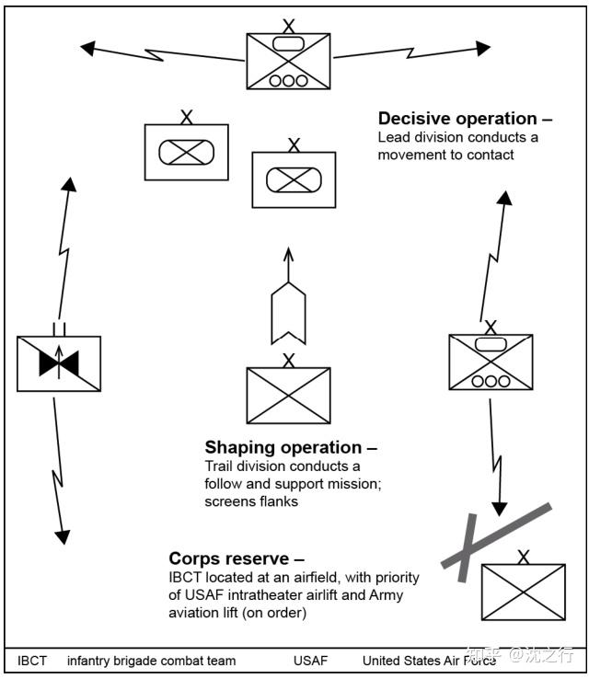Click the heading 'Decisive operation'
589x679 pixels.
457,119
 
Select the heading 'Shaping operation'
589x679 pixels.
283,447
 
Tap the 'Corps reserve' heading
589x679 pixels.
228,558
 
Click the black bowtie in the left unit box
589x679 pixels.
59,363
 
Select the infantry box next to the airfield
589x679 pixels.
524,592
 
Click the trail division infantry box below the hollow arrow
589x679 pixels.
288,396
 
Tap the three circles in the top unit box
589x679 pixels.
288,81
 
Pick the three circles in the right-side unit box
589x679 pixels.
491,381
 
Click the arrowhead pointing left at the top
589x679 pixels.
88,48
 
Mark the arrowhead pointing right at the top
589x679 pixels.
483,48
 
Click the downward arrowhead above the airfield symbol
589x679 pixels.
500,510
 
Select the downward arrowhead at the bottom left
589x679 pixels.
63,537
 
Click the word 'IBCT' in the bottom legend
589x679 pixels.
31,661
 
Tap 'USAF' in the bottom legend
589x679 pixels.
310,661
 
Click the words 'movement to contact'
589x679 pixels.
445,155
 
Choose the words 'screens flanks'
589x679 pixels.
251,501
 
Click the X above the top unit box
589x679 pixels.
288,27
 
